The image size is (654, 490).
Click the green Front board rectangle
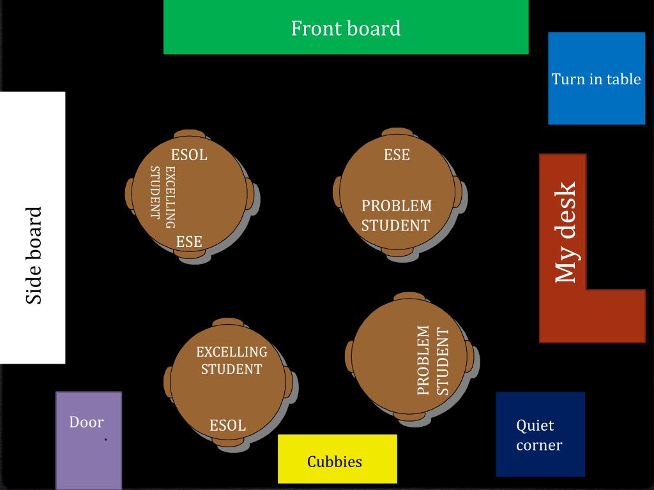(x=346, y=27)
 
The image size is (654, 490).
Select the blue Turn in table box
(x=596, y=78)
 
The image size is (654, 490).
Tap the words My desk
(x=566, y=233)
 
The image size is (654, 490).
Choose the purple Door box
(x=88, y=440)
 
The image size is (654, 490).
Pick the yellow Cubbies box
(x=337, y=459)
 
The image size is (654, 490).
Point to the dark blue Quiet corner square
(x=540, y=434)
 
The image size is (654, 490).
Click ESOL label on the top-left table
(x=189, y=155)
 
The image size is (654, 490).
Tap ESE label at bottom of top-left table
(x=189, y=242)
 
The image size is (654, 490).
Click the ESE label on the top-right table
(x=397, y=155)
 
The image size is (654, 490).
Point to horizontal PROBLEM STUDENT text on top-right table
(x=396, y=216)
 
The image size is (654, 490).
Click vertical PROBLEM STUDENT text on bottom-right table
(x=433, y=360)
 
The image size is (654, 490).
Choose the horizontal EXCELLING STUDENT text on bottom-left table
(x=231, y=360)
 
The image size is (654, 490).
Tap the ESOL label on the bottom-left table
(x=228, y=426)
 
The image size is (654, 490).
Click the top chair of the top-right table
(x=397, y=132)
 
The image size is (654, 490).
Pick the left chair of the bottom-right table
(x=349, y=356)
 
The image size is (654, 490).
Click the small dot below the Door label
(x=105, y=440)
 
